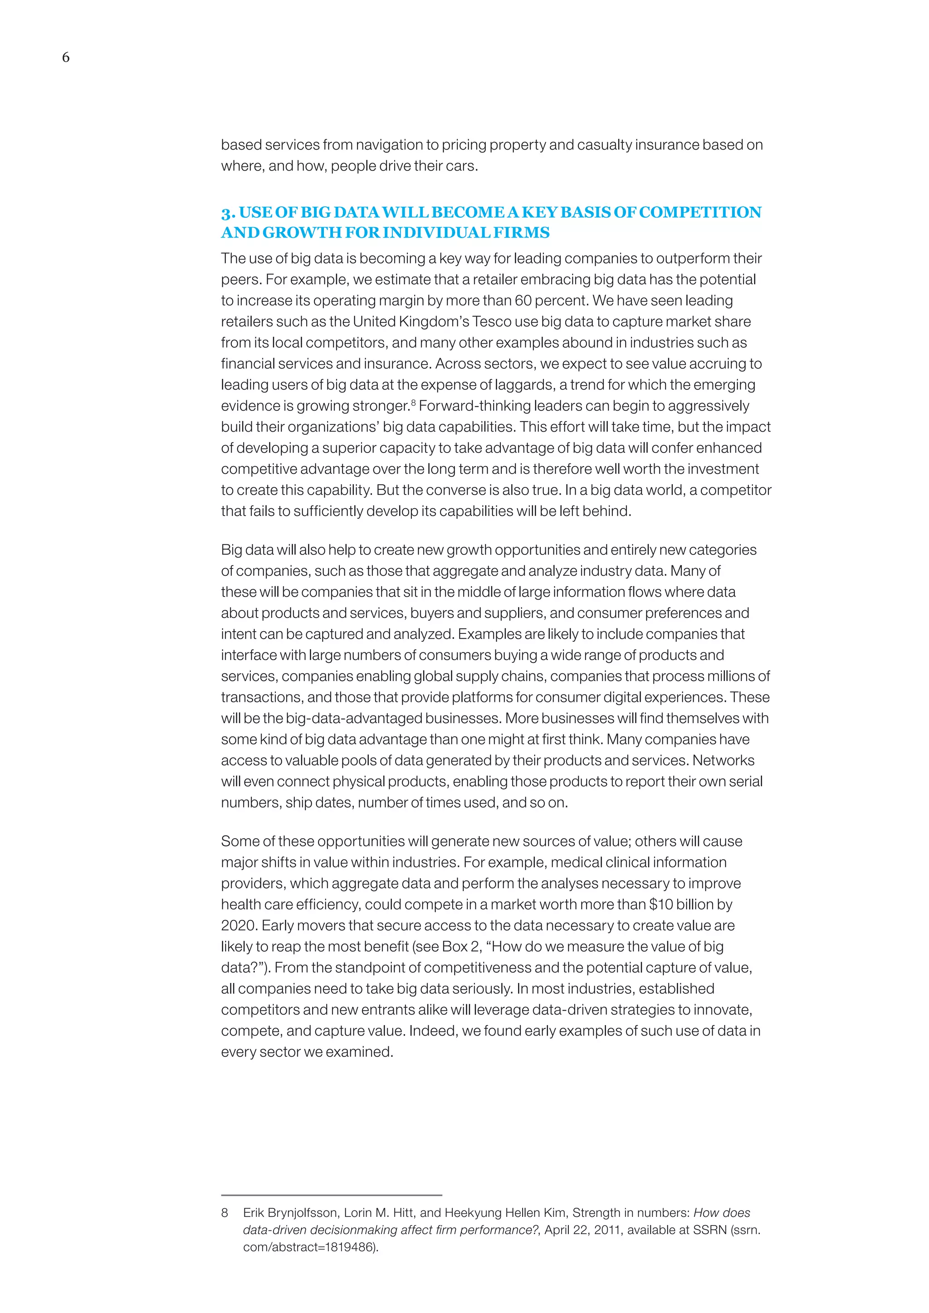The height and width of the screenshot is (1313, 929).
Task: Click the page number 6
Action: pos(66,57)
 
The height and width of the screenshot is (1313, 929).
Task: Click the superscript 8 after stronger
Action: pos(413,402)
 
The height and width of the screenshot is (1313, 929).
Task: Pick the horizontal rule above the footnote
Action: pos(331,1195)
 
